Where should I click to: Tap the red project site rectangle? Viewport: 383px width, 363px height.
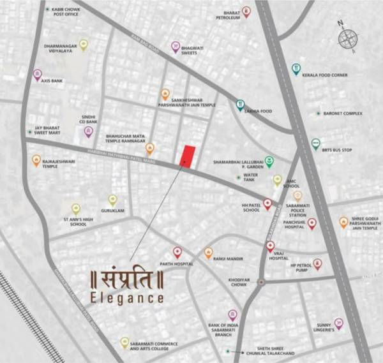tap(187, 155)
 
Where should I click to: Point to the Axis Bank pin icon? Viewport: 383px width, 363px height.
tap(36, 74)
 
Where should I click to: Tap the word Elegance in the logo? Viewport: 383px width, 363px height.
tap(126, 297)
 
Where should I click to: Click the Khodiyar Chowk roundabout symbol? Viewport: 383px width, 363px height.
tap(260, 281)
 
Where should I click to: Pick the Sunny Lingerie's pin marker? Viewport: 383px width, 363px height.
tap(338, 323)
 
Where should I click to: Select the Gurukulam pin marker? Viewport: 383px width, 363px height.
tap(112, 200)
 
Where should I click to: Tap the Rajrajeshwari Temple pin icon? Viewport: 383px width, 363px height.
tap(36, 160)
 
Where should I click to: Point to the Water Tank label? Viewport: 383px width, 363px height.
tap(250, 177)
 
